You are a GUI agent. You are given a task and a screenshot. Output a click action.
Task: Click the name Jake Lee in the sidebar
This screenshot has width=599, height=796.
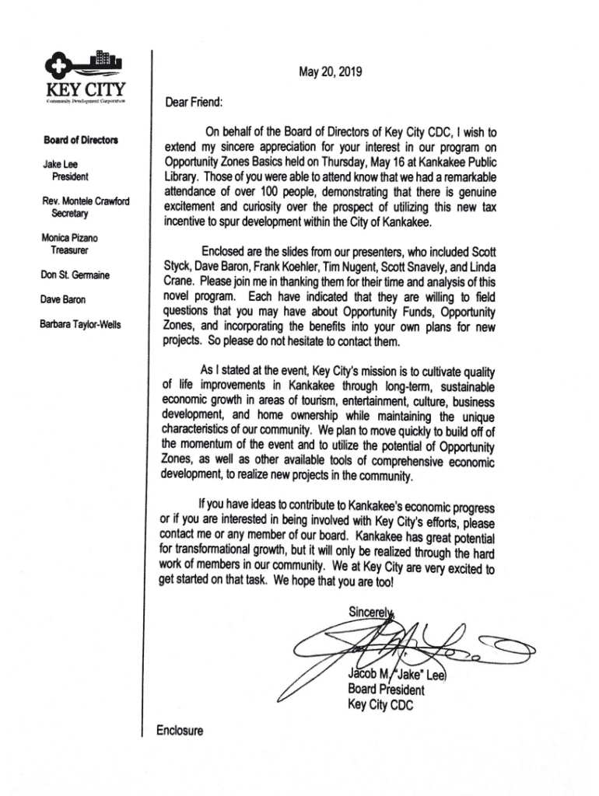point(60,165)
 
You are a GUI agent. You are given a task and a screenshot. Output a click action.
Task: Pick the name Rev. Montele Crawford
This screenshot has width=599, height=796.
point(86,201)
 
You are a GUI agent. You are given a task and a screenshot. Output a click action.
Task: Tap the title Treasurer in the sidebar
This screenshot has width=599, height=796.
point(70,250)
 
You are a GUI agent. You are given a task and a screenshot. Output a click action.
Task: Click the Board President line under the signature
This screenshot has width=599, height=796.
point(386,690)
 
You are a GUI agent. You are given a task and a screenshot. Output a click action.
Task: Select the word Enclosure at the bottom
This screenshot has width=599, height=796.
point(180,731)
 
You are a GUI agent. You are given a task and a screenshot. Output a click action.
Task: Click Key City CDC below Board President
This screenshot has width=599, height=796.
point(380,705)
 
